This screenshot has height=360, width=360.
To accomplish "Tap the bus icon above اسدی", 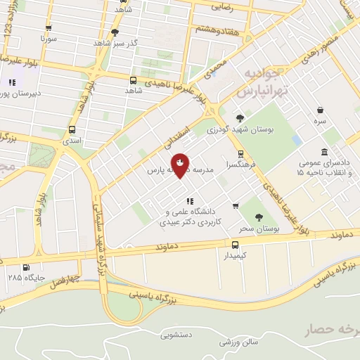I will [x=72, y=129].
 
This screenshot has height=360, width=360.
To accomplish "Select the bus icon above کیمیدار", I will [x=235, y=245].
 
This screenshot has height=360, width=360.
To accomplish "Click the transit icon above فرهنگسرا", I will [x=240, y=153].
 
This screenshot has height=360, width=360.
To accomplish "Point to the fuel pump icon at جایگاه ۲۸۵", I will [x=26, y=267].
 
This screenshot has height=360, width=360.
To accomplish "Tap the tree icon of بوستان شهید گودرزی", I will [x=240, y=118].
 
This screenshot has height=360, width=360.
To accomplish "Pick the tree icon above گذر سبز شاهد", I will [x=115, y=32].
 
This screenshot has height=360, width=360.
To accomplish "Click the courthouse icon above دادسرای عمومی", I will [x=323, y=153].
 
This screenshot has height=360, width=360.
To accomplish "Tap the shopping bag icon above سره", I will [x=321, y=110].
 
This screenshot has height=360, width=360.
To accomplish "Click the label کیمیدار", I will [x=236, y=256].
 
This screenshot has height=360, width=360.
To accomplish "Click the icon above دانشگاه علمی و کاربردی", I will [x=189, y=202].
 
